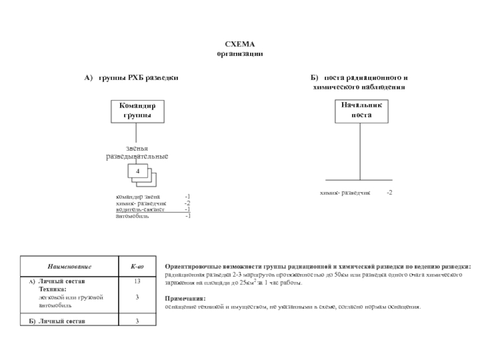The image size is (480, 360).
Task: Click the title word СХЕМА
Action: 239,45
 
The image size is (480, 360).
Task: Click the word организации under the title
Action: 239,54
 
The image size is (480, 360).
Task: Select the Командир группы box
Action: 137,110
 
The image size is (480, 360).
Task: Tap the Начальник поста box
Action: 361,110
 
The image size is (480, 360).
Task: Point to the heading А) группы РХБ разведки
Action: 131,78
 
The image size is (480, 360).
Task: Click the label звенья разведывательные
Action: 137,152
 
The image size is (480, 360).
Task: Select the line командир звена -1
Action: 153,197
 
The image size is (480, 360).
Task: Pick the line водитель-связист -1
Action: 153,209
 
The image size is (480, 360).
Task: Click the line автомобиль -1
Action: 153,216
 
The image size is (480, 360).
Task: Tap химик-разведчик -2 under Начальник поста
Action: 356,193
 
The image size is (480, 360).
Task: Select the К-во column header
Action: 137,266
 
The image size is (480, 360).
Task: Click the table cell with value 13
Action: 137,281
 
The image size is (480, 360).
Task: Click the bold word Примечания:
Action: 184,298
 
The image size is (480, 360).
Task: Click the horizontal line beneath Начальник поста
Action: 360,180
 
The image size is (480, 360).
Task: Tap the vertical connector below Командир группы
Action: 137,133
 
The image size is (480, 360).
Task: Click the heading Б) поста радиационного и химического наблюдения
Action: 360,82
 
